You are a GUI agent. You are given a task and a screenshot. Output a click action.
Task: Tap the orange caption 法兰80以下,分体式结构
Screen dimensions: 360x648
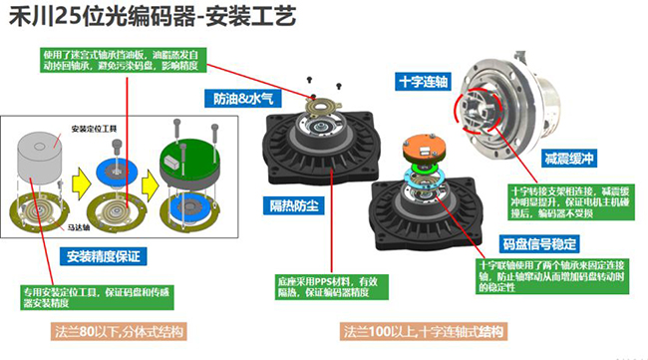(x=119, y=330)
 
